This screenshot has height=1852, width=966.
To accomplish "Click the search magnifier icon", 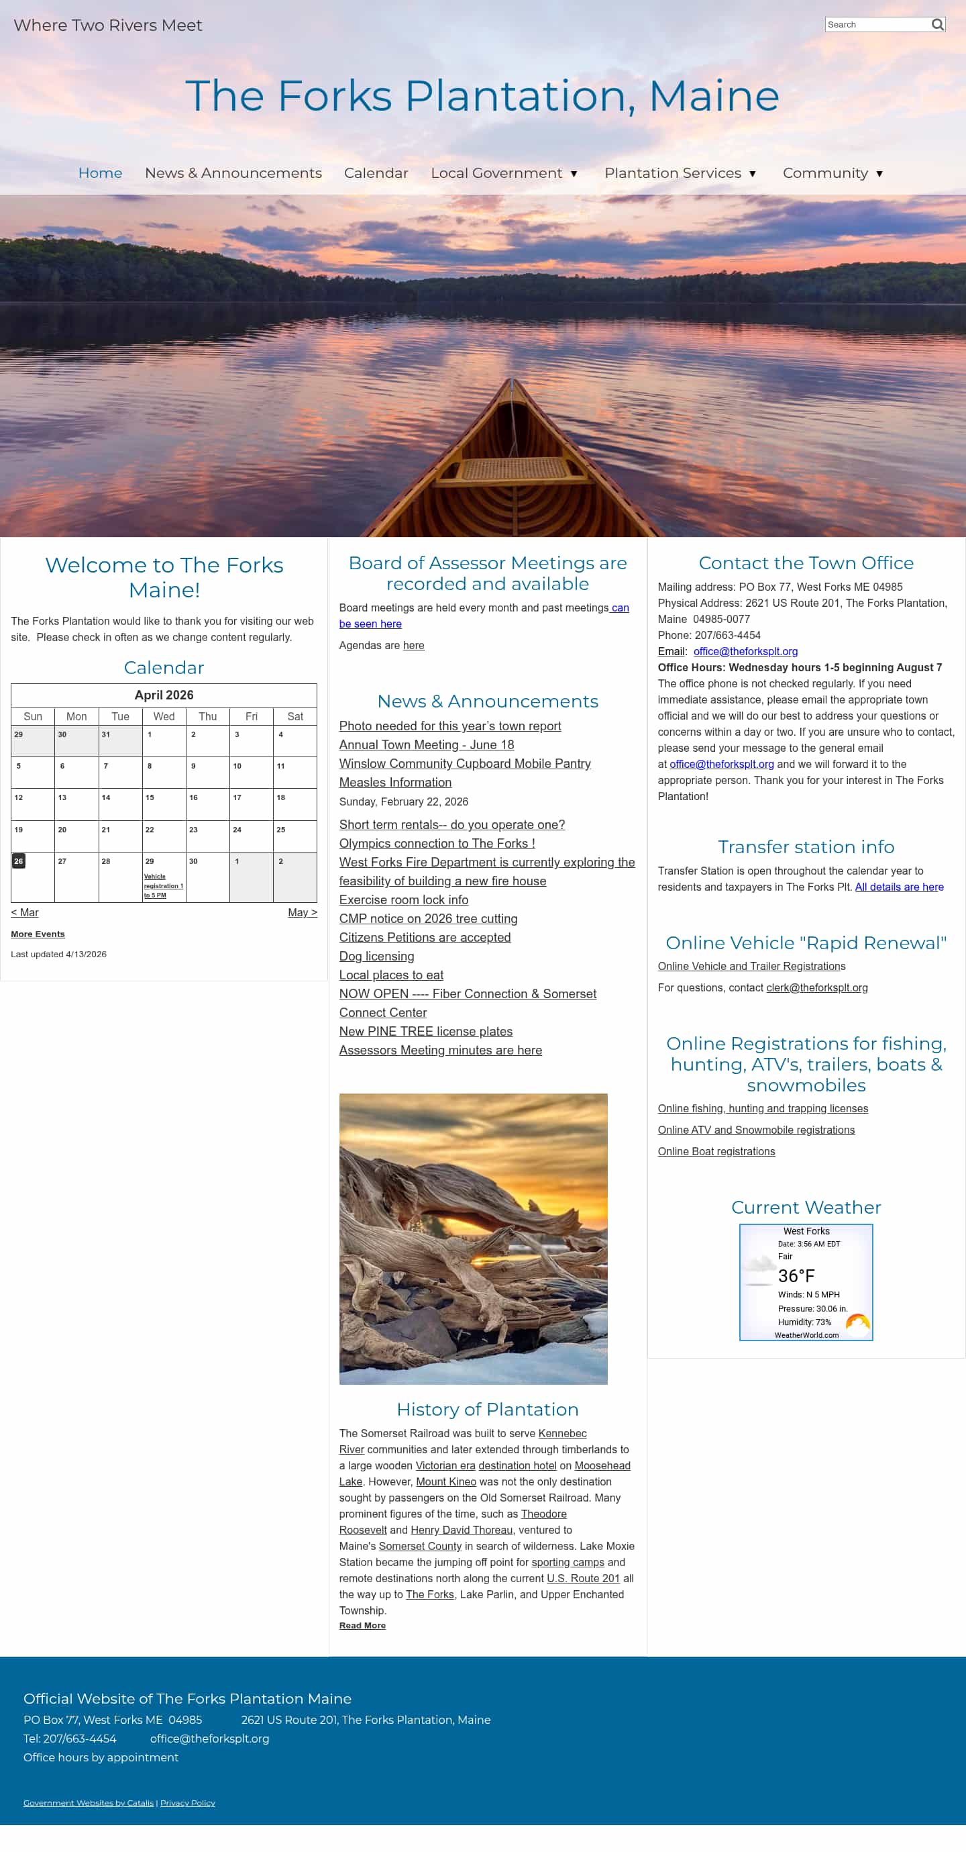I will pos(937,24).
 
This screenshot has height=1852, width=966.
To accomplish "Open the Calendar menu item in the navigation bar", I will pos(376,173).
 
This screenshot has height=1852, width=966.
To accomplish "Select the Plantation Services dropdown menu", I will pos(680,173).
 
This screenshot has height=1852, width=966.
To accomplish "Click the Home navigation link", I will pos(100,173).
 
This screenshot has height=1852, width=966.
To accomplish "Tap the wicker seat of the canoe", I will pos(512,469).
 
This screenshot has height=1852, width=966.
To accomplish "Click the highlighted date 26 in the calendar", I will pos(19,861).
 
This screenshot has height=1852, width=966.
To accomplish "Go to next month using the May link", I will pos(302,912).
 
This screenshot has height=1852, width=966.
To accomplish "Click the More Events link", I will pos(38,934).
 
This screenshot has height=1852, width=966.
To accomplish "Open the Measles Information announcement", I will pos(395,782).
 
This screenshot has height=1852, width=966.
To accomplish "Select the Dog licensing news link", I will pos(376,956).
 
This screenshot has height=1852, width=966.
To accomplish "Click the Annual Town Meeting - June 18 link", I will pos(426,745).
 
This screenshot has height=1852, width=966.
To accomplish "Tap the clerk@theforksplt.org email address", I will pos(816,988).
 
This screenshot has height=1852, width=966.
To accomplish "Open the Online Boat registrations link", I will pos(716,1152).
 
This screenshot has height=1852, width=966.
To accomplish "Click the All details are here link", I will pos(898,887).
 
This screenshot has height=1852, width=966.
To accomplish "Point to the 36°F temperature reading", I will pos(796,1276).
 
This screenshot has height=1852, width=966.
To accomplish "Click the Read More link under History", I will pos(362,1626).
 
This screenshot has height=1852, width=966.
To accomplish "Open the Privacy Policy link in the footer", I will pos(188,1802).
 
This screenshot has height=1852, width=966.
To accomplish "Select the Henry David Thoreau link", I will pos(462,1530).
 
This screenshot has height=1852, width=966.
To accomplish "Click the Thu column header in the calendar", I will pos(208,716).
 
